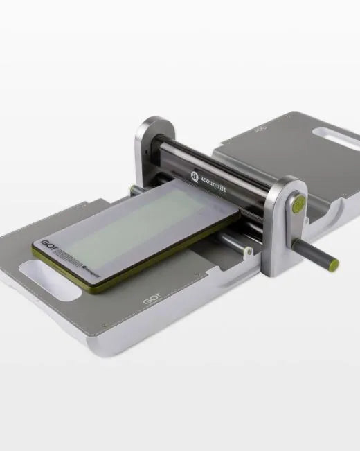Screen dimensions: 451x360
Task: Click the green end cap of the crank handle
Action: pyautogui.click(x=334, y=264)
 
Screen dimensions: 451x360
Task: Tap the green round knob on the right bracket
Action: pyautogui.click(x=298, y=203)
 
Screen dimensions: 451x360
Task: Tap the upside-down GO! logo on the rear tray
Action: pyautogui.click(x=260, y=128)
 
